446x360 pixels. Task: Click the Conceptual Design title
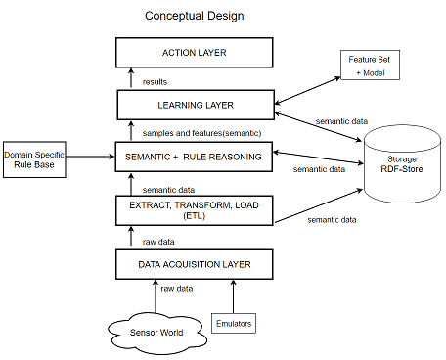[x=194, y=16]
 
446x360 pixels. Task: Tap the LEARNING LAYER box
[x=194, y=103]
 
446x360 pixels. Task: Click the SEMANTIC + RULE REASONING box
[x=194, y=155]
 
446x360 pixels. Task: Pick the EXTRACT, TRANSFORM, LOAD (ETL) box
[x=194, y=210]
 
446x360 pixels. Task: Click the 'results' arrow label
[x=155, y=81]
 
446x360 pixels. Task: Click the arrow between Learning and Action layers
[x=131, y=77]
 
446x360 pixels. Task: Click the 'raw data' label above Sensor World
[x=179, y=289]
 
